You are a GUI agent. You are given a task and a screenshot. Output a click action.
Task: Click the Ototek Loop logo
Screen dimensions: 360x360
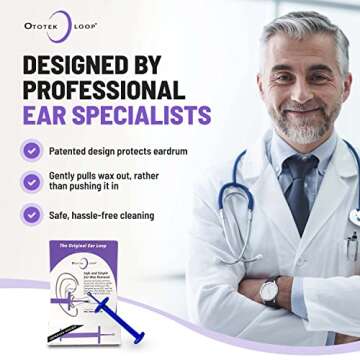pyautogui.click(x=61, y=26)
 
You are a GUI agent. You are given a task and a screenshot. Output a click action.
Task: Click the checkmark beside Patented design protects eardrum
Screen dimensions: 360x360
pyautogui.click(x=33, y=151)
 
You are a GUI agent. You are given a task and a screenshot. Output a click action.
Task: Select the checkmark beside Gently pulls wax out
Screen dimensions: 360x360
pyautogui.click(x=33, y=182)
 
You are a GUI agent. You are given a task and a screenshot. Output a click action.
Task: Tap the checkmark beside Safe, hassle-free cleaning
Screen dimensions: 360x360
pyautogui.click(x=33, y=213)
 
